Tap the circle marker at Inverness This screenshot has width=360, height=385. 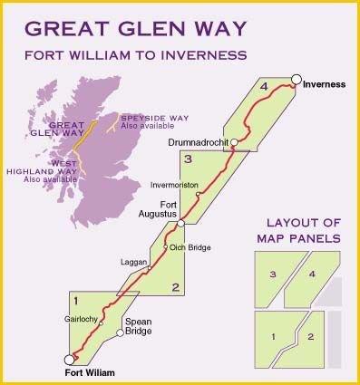pyautogui.click(x=297, y=80)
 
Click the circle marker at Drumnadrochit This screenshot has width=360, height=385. pyautogui.click(x=234, y=142)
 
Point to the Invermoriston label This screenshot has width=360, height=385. pyautogui.click(x=173, y=184)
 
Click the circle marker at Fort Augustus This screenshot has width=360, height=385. pyautogui.click(x=181, y=222)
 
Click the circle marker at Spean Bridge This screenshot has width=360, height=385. pyautogui.click(x=120, y=333)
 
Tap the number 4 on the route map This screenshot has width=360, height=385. pyautogui.click(x=264, y=87)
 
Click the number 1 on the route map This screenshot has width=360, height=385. pyautogui.click(x=78, y=300)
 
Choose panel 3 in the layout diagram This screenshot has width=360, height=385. pyautogui.click(x=271, y=273)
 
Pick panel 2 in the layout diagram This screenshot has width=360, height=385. pyautogui.click(x=310, y=337)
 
